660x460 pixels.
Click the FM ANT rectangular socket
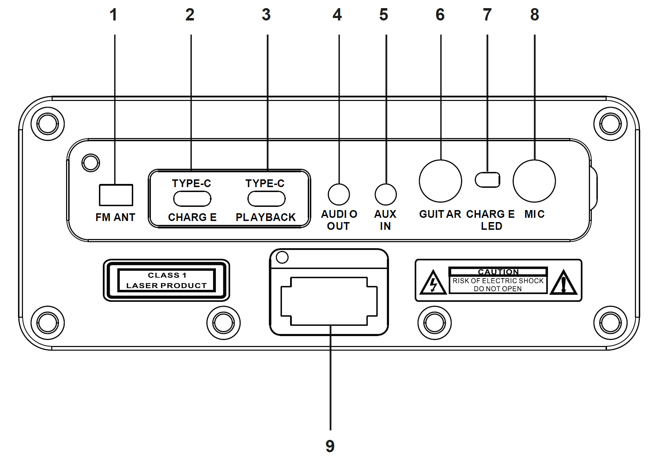pos(116,195)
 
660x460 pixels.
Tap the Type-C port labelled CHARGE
pos(192,199)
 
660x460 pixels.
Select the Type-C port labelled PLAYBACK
pos(266,199)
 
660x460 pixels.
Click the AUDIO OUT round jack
pos(339,195)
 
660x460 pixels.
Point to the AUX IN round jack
pos(385,195)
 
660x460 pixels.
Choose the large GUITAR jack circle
pos(440,181)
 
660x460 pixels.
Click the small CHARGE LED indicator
pos(488,180)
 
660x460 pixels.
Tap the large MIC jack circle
pos(534,181)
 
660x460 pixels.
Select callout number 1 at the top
pos(113,15)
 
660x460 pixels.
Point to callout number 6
pos(440,15)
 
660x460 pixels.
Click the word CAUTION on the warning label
pos(498,271)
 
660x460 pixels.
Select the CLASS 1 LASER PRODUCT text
pos(166,280)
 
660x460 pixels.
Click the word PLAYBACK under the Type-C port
pos(266,217)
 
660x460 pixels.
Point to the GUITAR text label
pos(440,214)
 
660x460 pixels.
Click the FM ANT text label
pos(116,217)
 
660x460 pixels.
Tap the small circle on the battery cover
pos(282,257)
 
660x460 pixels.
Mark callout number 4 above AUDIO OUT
pos(337,15)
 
